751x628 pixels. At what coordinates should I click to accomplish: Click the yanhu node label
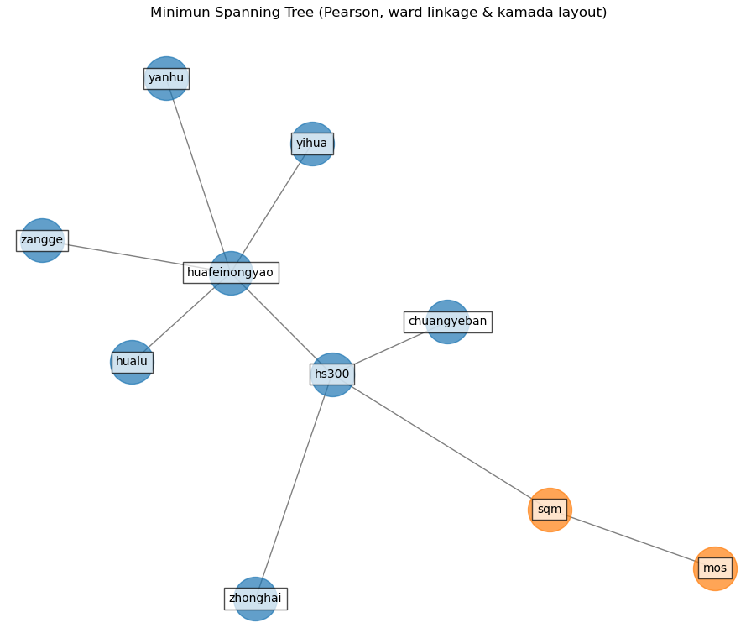166,78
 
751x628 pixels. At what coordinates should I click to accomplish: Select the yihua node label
312,144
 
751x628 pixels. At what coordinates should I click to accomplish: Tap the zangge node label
42,240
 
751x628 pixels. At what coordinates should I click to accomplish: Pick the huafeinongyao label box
231,273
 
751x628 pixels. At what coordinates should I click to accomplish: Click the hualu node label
132,362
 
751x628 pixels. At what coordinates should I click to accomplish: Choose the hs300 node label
332,374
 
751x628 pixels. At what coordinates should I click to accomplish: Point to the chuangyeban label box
447,322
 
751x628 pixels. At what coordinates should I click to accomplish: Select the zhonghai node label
255,599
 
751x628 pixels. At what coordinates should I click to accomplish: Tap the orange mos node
715,556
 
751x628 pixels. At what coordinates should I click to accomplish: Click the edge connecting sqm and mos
633,539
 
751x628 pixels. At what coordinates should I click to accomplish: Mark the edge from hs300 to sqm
441,442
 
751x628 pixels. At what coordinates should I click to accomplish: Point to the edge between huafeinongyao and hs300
281,323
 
